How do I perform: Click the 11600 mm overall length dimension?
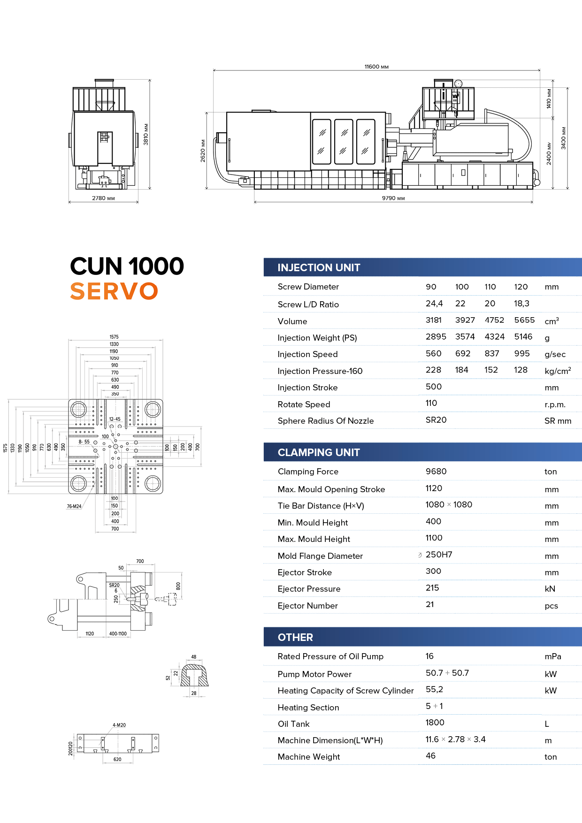tap(376, 67)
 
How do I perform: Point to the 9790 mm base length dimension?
tap(393, 198)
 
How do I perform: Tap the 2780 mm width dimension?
tap(103, 198)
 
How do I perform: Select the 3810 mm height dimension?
tap(146, 134)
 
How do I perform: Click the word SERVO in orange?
tap(114, 291)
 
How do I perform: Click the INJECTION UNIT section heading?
tap(319, 267)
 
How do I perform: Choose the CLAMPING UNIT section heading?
tap(319, 452)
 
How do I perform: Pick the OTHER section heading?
tap(295, 637)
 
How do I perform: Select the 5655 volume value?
tap(524, 320)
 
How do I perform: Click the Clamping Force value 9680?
tap(436, 471)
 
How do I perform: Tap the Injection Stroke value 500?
tap(434, 387)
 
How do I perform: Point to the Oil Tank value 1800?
tap(435, 723)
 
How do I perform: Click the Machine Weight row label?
tap(309, 757)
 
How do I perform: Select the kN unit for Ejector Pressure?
tap(550, 589)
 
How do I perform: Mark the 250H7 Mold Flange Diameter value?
tap(439, 555)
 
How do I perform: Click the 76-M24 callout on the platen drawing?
tap(74, 506)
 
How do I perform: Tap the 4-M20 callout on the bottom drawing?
tap(119, 725)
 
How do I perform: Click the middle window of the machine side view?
tap(344, 142)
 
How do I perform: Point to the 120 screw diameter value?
tap(521, 287)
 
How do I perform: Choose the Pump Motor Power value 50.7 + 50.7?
tap(447, 673)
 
